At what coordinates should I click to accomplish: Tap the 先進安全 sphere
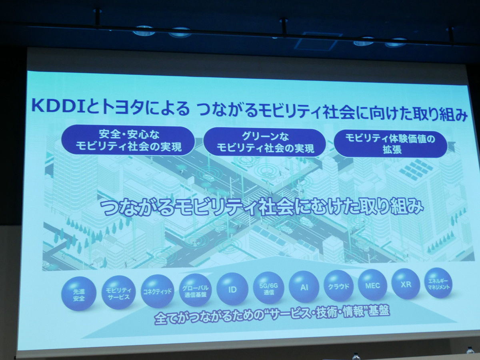pos(79,293)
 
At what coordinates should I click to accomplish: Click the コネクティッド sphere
pos(158,291)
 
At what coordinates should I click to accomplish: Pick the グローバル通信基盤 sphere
pos(196,290)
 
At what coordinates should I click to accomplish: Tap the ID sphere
pos(232,289)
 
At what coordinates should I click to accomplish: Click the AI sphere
pos(304,287)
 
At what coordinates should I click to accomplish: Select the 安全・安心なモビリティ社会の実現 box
pos(128,141)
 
